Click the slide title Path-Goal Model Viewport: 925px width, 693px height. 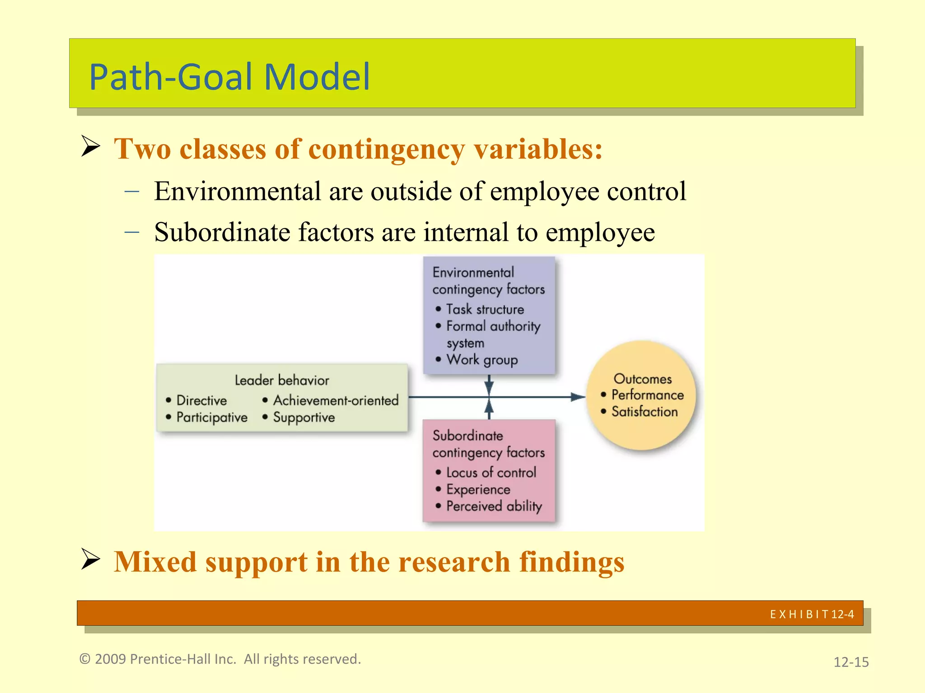(x=229, y=77)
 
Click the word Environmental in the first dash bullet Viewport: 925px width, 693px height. (x=237, y=191)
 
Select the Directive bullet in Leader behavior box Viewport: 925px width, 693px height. (x=201, y=400)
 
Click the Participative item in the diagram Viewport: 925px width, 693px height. (x=211, y=417)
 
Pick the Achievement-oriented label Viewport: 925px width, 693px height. (x=336, y=400)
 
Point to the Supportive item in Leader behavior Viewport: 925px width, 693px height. (x=304, y=417)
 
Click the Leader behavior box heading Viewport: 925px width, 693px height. (x=282, y=380)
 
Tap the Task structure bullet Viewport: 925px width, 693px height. (x=485, y=310)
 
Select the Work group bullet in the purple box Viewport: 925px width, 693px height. (x=481, y=360)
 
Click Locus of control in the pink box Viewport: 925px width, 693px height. (x=491, y=472)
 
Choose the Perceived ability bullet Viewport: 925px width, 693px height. (x=494, y=506)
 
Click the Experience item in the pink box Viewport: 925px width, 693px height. (x=478, y=490)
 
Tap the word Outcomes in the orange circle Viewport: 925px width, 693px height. (x=642, y=379)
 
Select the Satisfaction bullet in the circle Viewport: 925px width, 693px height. (x=644, y=411)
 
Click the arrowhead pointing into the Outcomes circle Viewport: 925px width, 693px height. (x=578, y=397)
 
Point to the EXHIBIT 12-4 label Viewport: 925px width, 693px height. (x=812, y=614)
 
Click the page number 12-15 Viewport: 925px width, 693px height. (x=850, y=662)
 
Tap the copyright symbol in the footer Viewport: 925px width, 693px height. (x=84, y=659)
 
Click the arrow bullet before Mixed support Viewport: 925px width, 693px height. (x=90, y=559)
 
